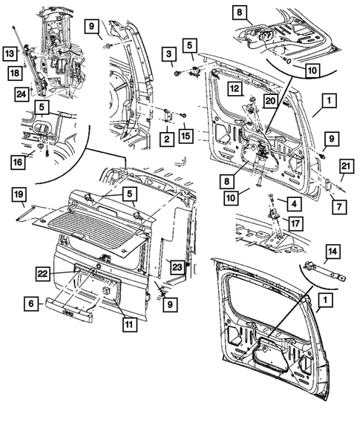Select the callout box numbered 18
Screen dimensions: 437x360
point(14,71)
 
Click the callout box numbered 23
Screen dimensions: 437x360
point(177,266)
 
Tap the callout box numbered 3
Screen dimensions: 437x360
point(169,55)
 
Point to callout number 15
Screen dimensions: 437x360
point(185,136)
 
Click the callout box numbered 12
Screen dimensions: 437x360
point(233,90)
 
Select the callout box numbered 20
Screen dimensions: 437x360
point(270,102)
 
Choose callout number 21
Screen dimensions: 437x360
point(346,165)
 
